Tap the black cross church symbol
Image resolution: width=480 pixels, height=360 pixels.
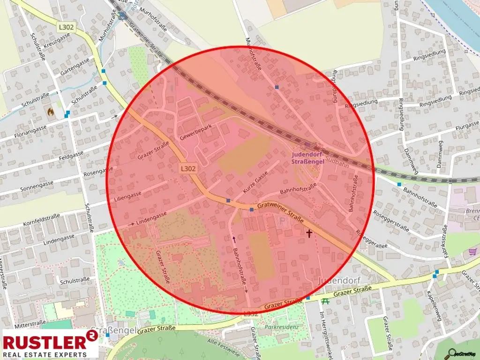[x=309, y=232]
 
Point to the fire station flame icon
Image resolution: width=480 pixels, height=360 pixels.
[x=50, y=112]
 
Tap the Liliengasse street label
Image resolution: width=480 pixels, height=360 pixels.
[x=127, y=195]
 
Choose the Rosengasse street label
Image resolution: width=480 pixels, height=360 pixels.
[x=99, y=170]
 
